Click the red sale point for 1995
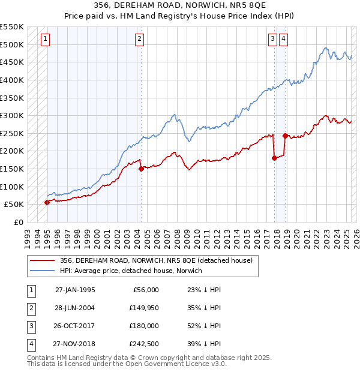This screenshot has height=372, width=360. click(x=47, y=202)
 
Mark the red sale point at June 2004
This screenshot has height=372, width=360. click(x=141, y=169)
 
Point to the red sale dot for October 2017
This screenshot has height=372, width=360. click(x=274, y=158)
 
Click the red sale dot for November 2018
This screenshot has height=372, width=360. click(x=285, y=136)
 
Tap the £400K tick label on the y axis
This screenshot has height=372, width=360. click(x=12, y=80)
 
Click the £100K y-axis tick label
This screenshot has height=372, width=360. click(x=12, y=187)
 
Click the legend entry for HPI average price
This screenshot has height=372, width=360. click(x=131, y=271)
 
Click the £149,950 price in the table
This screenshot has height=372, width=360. click(x=145, y=308)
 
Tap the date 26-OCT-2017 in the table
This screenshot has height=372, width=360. click(x=75, y=326)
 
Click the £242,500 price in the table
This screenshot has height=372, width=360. click(x=145, y=344)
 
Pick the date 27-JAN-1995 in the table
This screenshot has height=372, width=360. click(x=75, y=290)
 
